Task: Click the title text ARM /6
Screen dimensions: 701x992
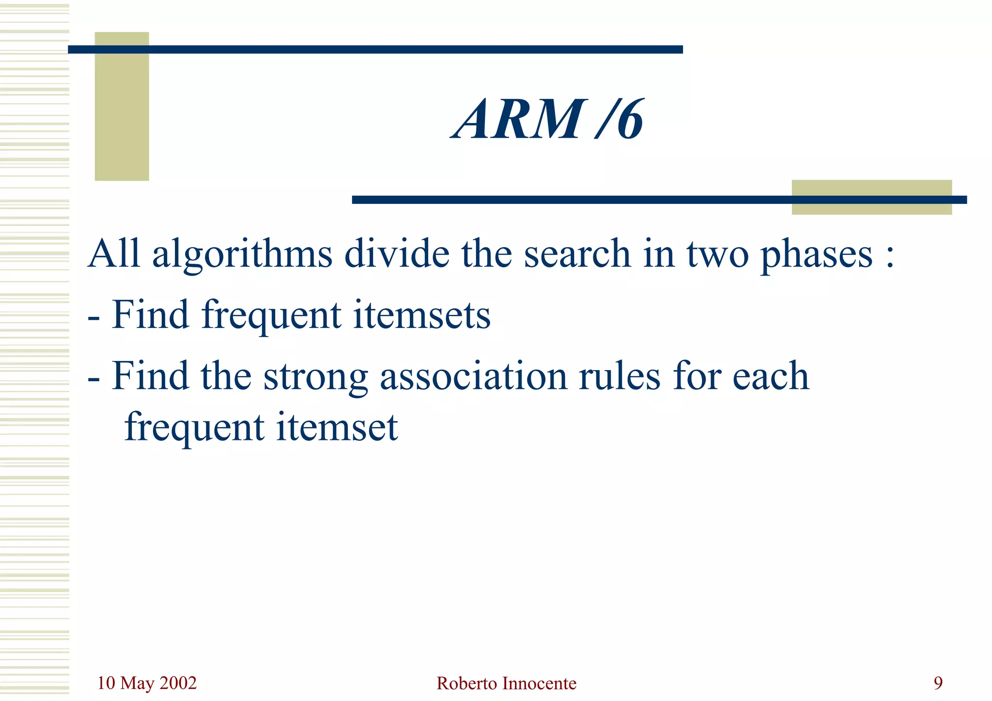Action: tap(547, 119)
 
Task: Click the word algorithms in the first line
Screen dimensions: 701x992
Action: tap(242, 255)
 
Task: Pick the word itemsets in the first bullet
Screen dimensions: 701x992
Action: tap(421, 315)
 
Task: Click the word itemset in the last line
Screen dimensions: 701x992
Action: tap(337, 427)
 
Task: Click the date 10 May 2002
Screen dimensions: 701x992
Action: tap(147, 683)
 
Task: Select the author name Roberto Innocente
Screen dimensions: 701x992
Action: tap(506, 684)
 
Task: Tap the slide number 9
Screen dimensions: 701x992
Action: tap(938, 683)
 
